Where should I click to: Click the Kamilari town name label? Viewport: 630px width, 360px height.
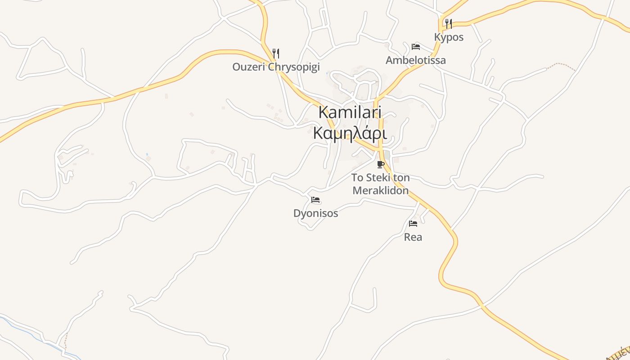point(350,112)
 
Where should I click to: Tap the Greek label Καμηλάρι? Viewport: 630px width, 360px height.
point(350,134)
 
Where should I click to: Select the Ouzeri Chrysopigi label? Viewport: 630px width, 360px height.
point(276,67)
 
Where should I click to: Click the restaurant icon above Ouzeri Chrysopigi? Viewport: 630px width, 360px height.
point(276,54)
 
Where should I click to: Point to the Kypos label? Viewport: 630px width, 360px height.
point(449,37)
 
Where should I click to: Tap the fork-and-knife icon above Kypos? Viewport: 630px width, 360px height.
point(449,23)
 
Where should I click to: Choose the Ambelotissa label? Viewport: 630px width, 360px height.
point(416,60)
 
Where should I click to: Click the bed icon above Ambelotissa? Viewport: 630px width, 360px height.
point(416,47)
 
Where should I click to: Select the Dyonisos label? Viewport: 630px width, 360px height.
point(315,213)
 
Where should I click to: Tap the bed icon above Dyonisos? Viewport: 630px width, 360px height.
point(315,200)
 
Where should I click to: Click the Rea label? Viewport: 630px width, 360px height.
point(413,237)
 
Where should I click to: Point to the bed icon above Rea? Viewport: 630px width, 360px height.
point(413,224)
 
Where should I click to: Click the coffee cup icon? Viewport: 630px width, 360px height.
point(381,164)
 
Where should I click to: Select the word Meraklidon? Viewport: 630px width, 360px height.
point(381,190)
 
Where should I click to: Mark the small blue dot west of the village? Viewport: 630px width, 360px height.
point(147,155)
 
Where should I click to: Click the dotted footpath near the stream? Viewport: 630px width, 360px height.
point(65,340)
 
